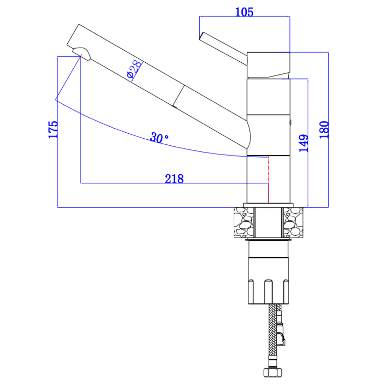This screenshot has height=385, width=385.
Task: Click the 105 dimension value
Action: (x=244, y=12)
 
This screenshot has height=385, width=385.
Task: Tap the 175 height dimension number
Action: (x=53, y=129)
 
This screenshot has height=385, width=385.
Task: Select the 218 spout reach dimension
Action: (x=174, y=179)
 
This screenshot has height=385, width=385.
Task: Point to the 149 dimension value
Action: (x=303, y=143)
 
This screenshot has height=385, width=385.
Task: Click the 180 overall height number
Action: (x=324, y=130)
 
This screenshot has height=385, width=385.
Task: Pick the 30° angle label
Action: (x=159, y=138)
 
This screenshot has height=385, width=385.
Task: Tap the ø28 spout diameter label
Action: (x=134, y=69)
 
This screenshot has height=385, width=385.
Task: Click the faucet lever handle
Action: (x=223, y=48)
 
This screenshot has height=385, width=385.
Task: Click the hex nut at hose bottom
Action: (x=272, y=372)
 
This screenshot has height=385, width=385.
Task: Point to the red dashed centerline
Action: (x=269, y=179)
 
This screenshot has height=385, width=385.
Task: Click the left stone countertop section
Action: (x=244, y=222)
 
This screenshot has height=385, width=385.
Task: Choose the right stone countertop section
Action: (x=293, y=222)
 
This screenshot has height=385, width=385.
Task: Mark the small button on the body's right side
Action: (x=291, y=122)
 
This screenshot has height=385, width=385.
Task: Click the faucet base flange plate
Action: (x=269, y=205)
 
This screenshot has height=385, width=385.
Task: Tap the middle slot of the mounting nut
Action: (x=269, y=292)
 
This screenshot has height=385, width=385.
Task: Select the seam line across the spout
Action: (x=178, y=96)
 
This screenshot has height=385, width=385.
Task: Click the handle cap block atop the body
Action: (x=269, y=65)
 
